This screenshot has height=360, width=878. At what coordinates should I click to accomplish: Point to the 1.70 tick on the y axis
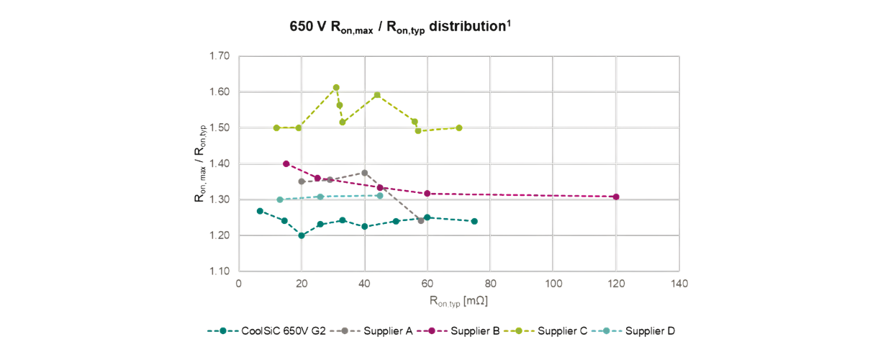pyautogui.click(x=219, y=55)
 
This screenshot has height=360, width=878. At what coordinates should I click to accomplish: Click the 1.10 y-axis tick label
pyautogui.click(x=219, y=271)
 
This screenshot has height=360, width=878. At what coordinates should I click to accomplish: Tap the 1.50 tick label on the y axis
pyautogui.click(x=219, y=127)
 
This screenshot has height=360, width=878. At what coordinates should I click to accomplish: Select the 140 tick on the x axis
pyautogui.click(x=679, y=284)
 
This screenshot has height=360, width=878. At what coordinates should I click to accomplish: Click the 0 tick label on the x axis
pyautogui.click(x=239, y=284)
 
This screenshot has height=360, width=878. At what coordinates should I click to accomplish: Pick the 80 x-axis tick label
pyautogui.click(x=490, y=284)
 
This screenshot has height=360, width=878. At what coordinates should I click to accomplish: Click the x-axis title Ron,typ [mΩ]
pyautogui.click(x=458, y=300)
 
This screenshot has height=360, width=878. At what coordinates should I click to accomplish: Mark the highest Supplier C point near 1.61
pyautogui.click(x=336, y=88)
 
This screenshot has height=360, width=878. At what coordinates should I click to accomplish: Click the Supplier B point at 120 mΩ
pyautogui.click(x=616, y=197)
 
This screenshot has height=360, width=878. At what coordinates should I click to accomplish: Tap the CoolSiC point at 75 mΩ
pyautogui.click(x=474, y=221)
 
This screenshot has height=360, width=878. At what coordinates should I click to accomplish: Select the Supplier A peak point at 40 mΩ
pyautogui.click(x=365, y=173)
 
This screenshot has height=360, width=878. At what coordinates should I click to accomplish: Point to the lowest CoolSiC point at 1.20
pyautogui.click(x=302, y=235)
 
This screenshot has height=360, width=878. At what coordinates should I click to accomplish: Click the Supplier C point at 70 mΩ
pyautogui.click(x=459, y=127)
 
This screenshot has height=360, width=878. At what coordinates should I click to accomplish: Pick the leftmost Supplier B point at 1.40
pyautogui.click(x=286, y=163)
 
